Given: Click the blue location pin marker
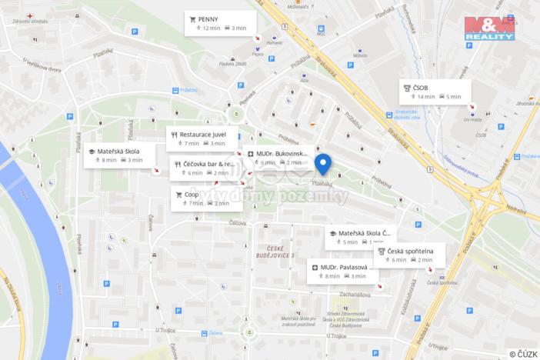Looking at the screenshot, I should point(323,164).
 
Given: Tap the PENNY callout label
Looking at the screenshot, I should point(219,23).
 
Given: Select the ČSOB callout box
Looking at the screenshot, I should point(435,92).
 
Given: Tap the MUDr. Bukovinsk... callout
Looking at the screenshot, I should point(278,158).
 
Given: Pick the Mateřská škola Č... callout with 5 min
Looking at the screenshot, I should point(360,237).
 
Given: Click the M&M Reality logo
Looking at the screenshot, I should point(489,27).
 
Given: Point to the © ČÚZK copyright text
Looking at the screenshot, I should point(523,353).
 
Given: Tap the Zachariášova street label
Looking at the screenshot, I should point(352,293).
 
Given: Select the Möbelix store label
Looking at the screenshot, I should point(360,55).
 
